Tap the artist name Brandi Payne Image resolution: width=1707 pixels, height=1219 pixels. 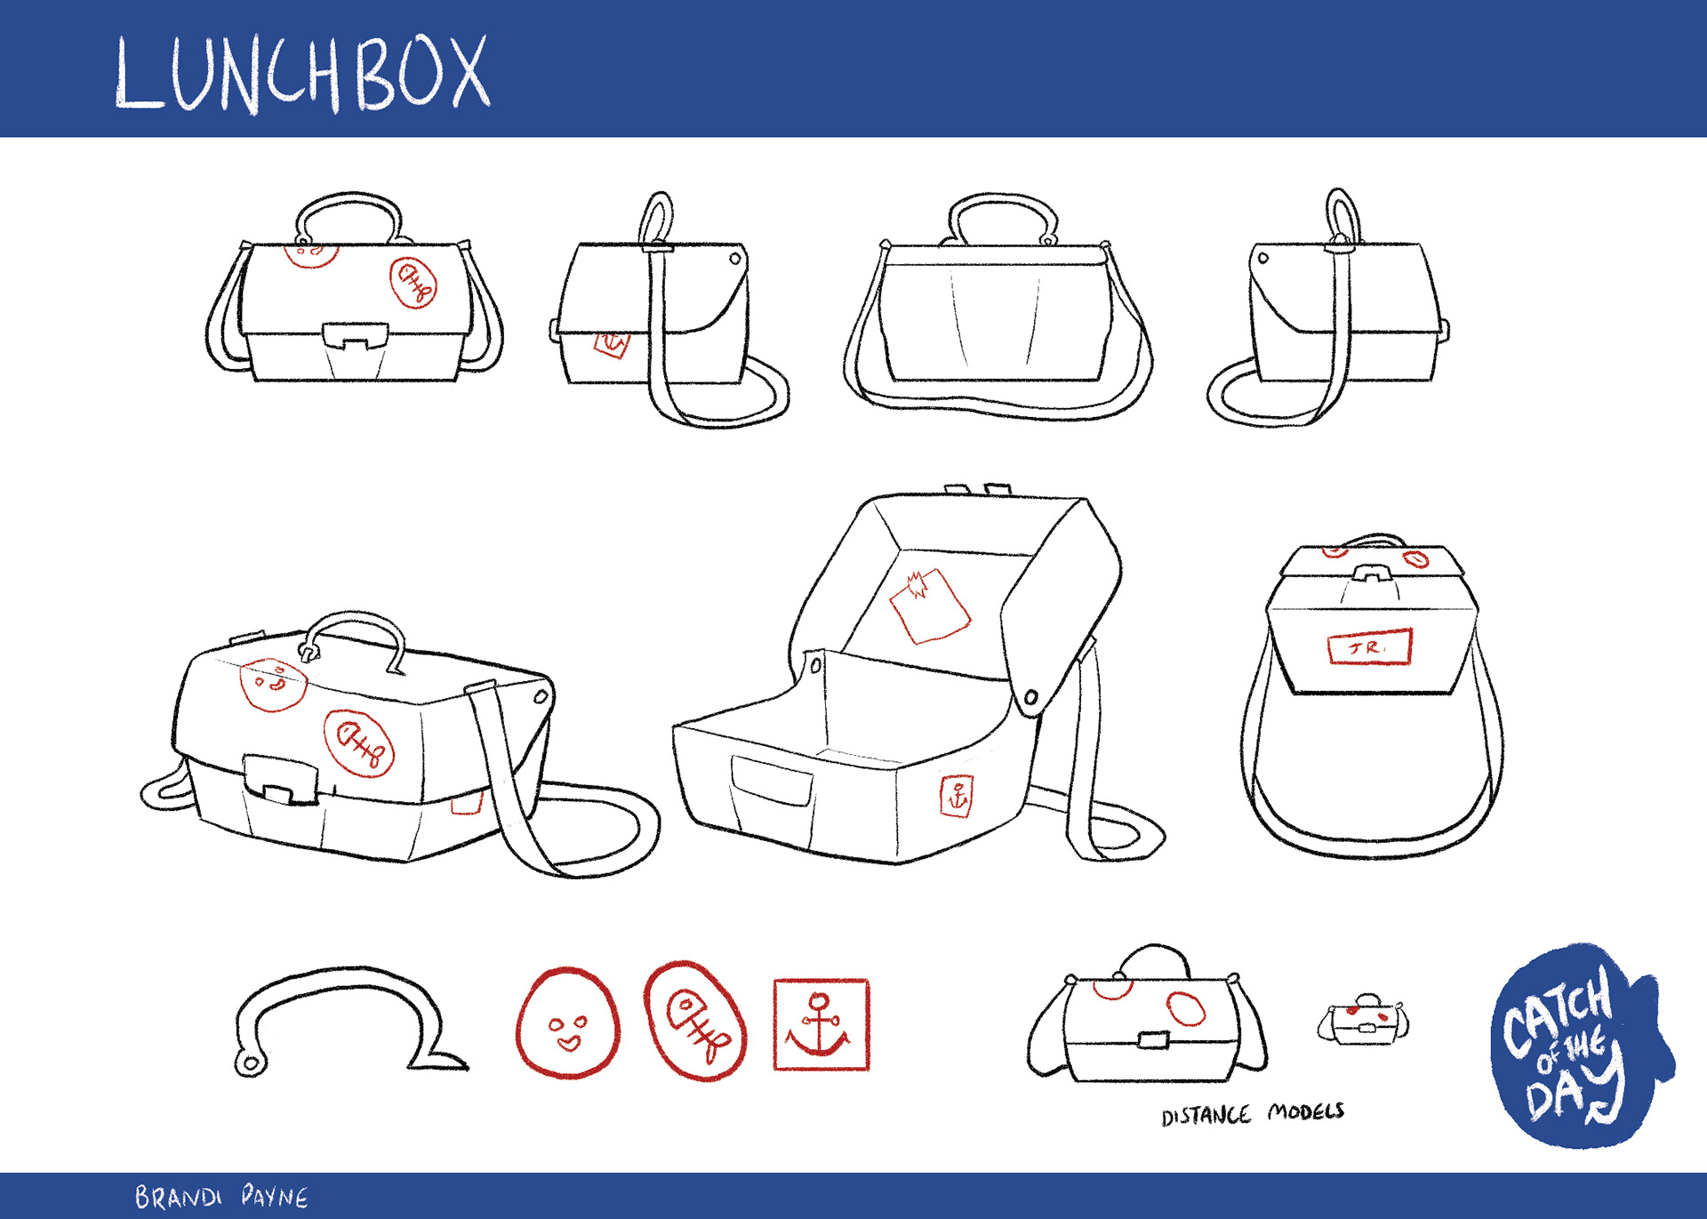[221, 1197]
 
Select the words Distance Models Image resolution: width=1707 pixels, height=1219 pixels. [1252, 1114]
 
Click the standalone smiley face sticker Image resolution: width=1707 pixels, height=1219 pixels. [567, 1023]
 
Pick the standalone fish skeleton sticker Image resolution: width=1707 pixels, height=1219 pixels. [695, 1021]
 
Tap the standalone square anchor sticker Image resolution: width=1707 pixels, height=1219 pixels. [821, 1024]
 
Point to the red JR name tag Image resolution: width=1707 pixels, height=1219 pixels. [1369, 647]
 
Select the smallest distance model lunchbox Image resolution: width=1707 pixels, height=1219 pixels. [1362, 1022]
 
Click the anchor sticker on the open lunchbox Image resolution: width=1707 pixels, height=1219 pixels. [957, 796]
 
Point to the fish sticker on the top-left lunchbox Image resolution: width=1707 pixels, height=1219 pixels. [413, 283]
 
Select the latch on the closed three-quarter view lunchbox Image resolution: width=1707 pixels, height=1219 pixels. [280, 778]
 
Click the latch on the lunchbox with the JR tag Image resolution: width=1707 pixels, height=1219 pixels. [1372, 573]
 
